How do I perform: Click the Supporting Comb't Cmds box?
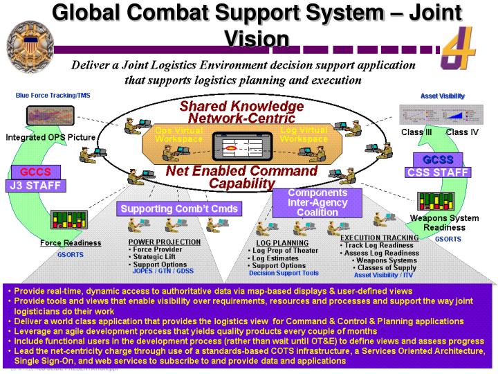tap(179, 208)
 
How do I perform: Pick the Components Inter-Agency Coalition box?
tap(317, 203)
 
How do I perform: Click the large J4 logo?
tap(461, 48)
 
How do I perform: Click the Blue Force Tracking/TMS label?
tap(53, 95)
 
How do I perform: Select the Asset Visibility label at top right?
tap(443, 95)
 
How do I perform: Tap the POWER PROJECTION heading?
tap(165, 242)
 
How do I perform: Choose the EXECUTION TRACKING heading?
tap(379, 238)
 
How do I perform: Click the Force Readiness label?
tap(71, 243)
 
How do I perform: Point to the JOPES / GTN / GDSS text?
tap(163, 271)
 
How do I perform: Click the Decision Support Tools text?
tap(284, 273)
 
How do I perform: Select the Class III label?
tap(416, 132)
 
